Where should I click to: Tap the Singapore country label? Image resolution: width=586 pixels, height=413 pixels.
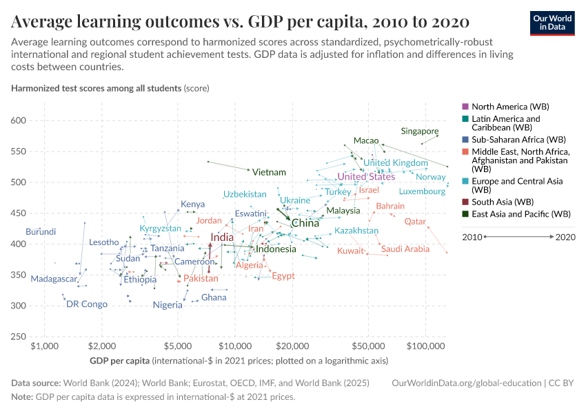[420, 131]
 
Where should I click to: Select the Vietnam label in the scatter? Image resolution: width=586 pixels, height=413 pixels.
[269, 172]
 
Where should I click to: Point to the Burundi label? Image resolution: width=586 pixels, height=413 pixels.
[41, 232]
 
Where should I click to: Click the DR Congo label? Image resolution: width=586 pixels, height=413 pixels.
[87, 304]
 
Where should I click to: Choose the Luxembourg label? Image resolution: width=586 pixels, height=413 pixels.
[423, 191]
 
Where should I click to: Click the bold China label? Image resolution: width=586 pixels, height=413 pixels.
[305, 223]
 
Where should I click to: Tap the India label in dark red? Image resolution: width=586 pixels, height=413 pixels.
[222, 237]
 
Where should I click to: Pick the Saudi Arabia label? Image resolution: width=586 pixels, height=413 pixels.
[405, 249]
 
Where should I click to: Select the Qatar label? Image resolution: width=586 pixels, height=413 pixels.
[415, 222]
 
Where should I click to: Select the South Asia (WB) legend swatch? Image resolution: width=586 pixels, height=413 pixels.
[465, 202]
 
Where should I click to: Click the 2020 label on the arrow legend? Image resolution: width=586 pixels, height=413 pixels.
[565, 237]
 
